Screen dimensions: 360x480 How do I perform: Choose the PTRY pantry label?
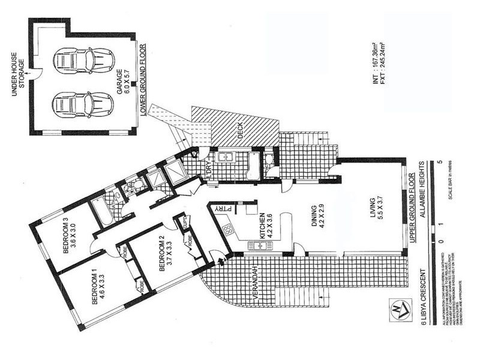pos(220,208)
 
